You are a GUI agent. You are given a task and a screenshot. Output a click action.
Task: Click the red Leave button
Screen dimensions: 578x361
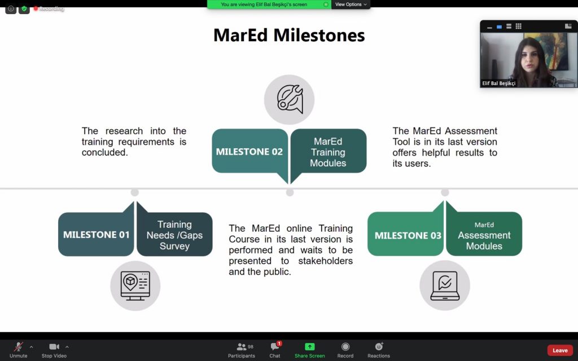coord(559,350)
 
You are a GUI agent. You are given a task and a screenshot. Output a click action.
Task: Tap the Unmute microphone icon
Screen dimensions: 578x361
coord(18,347)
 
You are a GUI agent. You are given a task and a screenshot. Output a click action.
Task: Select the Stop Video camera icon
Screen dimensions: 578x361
coord(54,347)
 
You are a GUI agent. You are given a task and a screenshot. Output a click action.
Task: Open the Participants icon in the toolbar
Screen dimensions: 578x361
coord(242,347)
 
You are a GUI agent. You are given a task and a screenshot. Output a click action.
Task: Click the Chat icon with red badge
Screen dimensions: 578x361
coord(275,346)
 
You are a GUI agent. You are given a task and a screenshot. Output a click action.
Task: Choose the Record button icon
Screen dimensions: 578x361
coord(345,347)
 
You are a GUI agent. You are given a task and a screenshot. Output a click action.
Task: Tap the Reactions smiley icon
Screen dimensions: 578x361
coord(379,346)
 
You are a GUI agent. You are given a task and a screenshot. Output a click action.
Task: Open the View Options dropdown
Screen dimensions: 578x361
coord(351,5)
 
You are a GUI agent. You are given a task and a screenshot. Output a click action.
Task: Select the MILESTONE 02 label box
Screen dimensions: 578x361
coord(250,151)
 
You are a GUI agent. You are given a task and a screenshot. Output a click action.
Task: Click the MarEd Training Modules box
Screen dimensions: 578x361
coord(328,151)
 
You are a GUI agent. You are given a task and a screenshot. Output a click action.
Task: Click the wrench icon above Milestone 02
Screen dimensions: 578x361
coord(290,99)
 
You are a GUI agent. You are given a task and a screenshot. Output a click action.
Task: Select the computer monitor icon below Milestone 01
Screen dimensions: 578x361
coord(135,286)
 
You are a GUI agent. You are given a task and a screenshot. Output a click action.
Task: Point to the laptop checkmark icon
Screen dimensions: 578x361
coord(445,285)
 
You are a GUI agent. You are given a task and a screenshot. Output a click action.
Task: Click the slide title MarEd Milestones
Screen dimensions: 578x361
coord(289,36)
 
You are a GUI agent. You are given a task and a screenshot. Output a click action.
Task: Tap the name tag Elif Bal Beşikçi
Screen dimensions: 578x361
coord(499,83)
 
